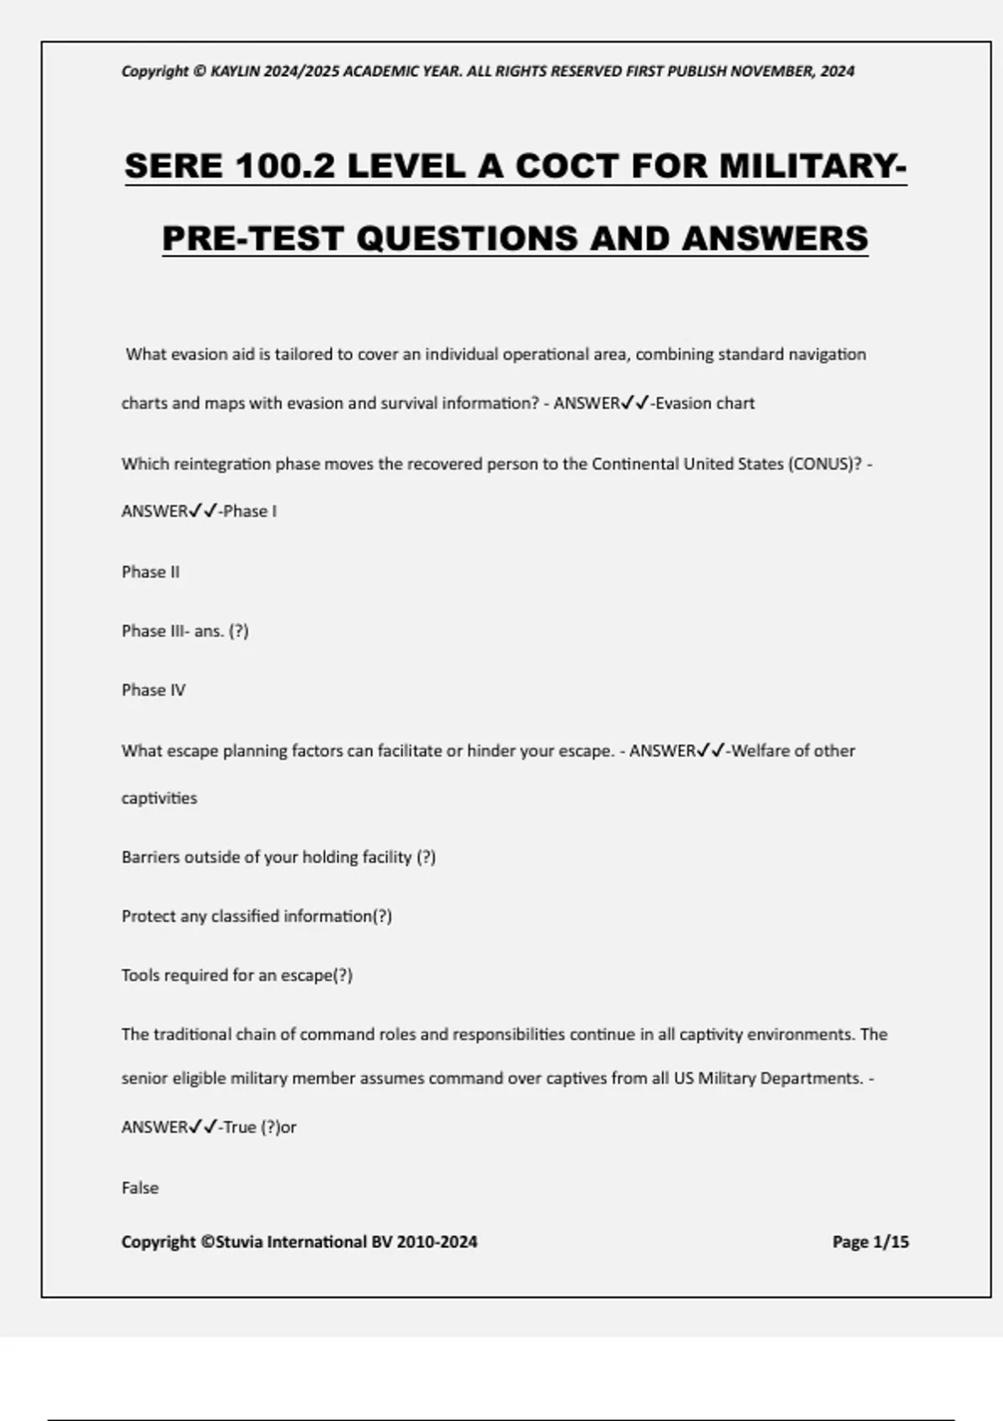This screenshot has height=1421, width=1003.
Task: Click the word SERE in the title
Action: (174, 166)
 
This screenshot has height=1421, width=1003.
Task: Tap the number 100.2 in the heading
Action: (285, 166)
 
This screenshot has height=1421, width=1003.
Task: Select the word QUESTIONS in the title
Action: (467, 238)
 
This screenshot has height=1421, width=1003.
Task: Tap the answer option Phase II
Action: (150, 572)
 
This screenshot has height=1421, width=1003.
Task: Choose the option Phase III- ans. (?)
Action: (185, 631)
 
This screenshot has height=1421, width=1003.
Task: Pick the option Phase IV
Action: (153, 690)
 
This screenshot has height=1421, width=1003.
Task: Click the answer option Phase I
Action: (249, 511)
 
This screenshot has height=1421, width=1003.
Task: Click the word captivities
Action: (159, 797)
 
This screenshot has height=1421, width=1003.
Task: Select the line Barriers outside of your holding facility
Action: (278, 857)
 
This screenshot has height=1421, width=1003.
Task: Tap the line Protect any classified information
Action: (256, 916)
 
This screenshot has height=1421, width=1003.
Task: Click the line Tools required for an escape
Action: (237, 975)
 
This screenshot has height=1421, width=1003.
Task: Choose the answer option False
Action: (140, 1187)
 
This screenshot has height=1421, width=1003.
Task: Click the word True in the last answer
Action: (239, 1127)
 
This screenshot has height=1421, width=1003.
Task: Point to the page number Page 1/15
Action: (870, 1241)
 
